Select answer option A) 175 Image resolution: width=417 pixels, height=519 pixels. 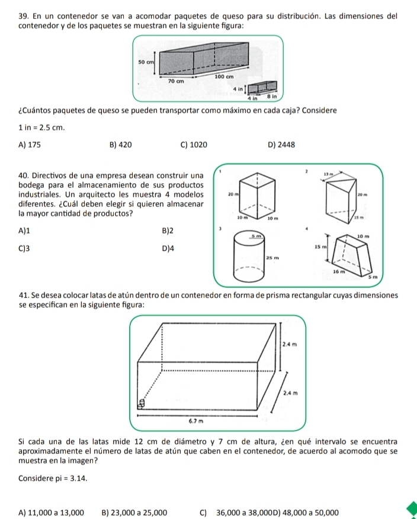coord(30,143)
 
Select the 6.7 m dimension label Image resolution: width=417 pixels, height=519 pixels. coord(194,421)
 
